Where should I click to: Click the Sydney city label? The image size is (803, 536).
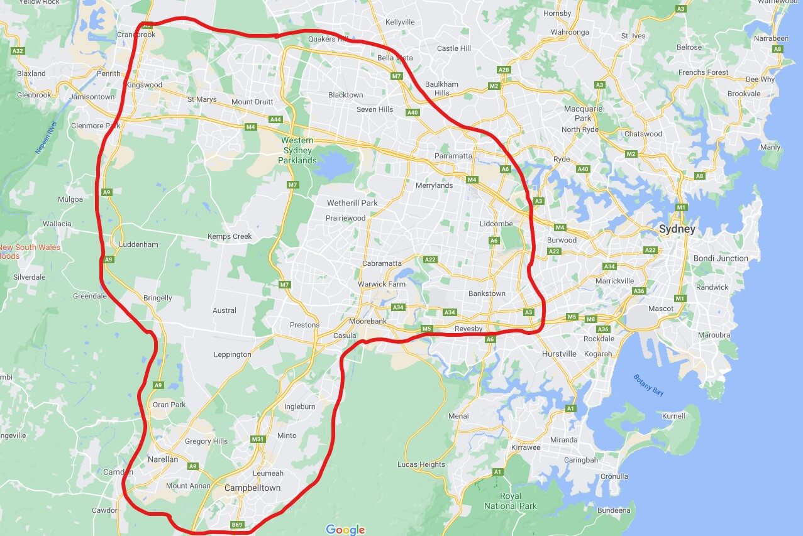click(x=677, y=229)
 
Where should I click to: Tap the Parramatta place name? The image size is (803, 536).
click(x=453, y=156)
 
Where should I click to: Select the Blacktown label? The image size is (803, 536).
click(x=345, y=95)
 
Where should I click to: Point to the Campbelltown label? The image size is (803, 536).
click(x=253, y=488)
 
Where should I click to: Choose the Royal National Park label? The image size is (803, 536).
click(x=511, y=501)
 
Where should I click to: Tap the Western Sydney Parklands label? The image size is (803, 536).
click(x=298, y=150)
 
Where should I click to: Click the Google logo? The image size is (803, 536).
click(x=345, y=530)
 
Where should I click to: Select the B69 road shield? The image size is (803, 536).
click(x=236, y=525)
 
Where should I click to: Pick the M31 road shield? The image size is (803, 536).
click(x=257, y=439)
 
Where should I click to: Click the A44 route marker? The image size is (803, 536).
click(x=275, y=119)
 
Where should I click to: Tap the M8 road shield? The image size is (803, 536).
click(x=590, y=319)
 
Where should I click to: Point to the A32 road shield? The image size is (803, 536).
click(x=18, y=51)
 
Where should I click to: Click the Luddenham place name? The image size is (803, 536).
click(x=138, y=244)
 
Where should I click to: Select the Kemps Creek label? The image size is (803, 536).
click(x=230, y=237)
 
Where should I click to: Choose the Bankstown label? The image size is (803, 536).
click(x=487, y=293)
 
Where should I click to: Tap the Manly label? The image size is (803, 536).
click(x=770, y=147)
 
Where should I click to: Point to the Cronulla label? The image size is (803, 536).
click(x=614, y=476)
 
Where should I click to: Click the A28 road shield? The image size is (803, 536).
click(x=502, y=70)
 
